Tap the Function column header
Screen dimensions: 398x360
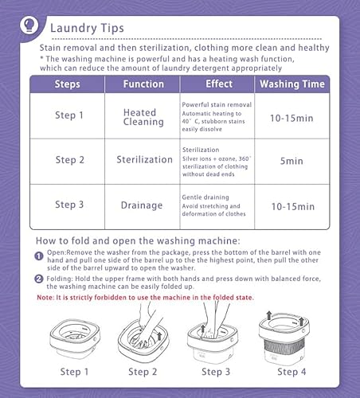[144, 84]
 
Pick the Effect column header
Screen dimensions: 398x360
[218, 84]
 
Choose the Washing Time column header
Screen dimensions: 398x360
[292, 84]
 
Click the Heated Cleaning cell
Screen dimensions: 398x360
[144, 117]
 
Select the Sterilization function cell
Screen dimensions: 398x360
[144, 160]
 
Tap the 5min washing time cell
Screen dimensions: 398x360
[292, 161]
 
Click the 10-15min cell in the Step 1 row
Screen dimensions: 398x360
[292, 117]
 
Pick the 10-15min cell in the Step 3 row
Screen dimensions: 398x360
[292, 205]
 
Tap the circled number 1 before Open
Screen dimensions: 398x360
[39, 256]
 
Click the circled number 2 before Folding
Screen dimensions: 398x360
[39, 279]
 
